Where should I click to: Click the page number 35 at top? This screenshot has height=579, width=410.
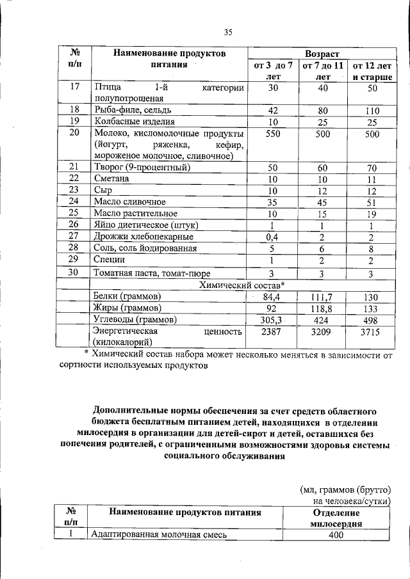[229, 33]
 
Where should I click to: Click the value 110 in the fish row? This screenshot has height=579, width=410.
[371, 111]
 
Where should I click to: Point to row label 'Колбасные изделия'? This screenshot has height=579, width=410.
[134, 122]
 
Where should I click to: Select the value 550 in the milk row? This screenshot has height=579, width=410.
[275, 134]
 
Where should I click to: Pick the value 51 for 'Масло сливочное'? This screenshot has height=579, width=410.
[371, 202]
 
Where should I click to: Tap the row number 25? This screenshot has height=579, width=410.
[74, 213]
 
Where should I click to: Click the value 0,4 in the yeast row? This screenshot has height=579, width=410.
[275, 236]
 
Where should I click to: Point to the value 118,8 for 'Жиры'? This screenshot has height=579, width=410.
[323, 308]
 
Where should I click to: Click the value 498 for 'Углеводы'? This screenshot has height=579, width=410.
[371, 319]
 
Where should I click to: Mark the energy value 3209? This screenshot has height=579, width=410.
[323, 332]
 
